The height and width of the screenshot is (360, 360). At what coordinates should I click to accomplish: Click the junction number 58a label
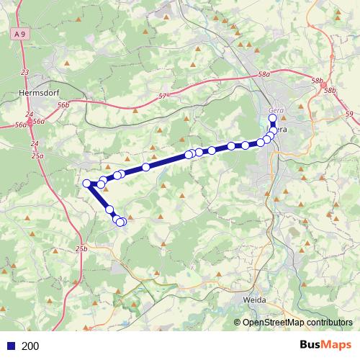pyautogui.click(x=264, y=74)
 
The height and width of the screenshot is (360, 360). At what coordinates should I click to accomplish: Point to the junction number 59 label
pyautogui.click(x=349, y=114)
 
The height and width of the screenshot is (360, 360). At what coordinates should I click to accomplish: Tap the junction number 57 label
pyautogui.click(x=162, y=95)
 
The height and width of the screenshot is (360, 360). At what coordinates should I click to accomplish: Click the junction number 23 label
pyautogui.click(x=25, y=73)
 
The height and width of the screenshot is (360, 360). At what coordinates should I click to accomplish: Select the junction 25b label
pyautogui.click(x=82, y=248)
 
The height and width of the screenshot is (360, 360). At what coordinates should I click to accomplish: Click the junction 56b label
pyautogui.click(x=65, y=105)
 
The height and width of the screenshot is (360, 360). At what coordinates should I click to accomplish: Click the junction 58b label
pyautogui.click(x=330, y=90)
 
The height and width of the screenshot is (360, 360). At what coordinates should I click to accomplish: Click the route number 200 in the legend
pyautogui.click(x=31, y=346)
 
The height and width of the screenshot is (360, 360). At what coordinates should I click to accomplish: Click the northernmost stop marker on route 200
pyautogui.click(x=273, y=118)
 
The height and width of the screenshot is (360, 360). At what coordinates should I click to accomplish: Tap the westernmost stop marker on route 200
pyautogui.click(x=87, y=184)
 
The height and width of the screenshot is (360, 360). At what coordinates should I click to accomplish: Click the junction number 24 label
pyautogui.click(x=29, y=114)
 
